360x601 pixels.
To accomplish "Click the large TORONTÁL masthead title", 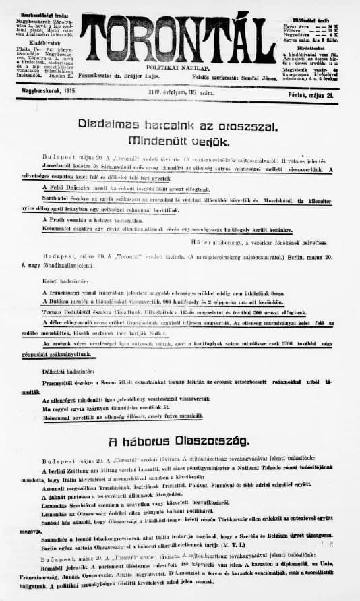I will pos(181,38).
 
